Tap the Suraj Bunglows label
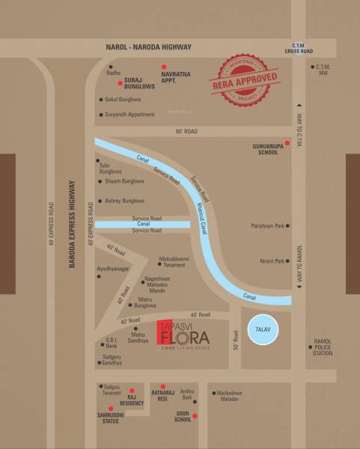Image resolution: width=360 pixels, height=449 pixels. (x=138, y=83)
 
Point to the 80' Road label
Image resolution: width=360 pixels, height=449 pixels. (x=186, y=131)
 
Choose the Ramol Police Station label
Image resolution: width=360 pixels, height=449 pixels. (x=323, y=349)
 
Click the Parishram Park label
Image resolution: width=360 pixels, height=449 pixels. (x=270, y=223)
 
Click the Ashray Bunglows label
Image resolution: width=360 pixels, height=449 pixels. (x=124, y=201)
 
